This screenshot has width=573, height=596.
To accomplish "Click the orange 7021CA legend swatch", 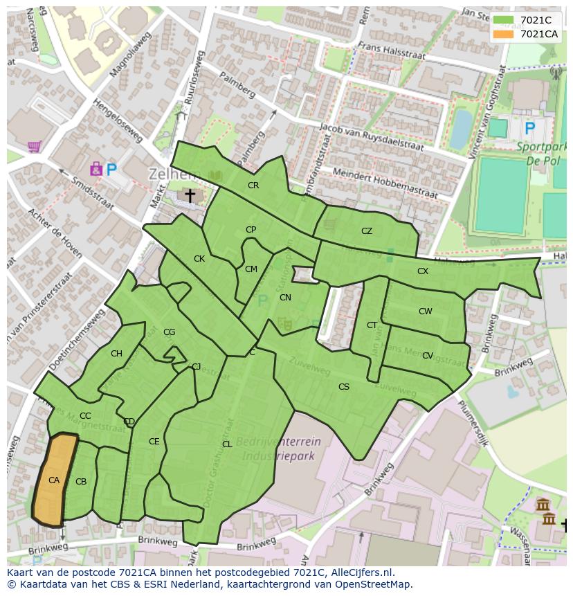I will (x=504, y=34).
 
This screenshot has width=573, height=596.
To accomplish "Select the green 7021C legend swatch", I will (x=504, y=20).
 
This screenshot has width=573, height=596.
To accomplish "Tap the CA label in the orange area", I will (x=54, y=480).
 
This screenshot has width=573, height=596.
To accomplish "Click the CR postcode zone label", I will (x=253, y=185).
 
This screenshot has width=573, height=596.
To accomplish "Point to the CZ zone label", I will (x=367, y=231).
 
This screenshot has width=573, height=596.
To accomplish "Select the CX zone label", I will (x=423, y=271).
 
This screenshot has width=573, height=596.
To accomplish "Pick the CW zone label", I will (x=425, y=311).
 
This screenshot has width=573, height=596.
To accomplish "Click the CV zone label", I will (x=428, y=356).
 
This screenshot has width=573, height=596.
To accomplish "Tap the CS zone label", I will (x=344, y=387).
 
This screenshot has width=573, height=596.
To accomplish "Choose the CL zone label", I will (x=227, y=444).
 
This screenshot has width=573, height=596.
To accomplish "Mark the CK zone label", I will (x=199, y=259).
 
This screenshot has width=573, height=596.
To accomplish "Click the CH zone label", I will (x=116, y=354).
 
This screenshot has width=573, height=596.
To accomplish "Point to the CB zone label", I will (x=81, y=481).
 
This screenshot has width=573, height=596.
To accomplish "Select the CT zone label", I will (x=372, y=325).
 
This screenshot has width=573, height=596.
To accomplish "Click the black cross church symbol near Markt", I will (x=189, y=197).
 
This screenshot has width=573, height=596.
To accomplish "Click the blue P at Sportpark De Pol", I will (x=530, y=128).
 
